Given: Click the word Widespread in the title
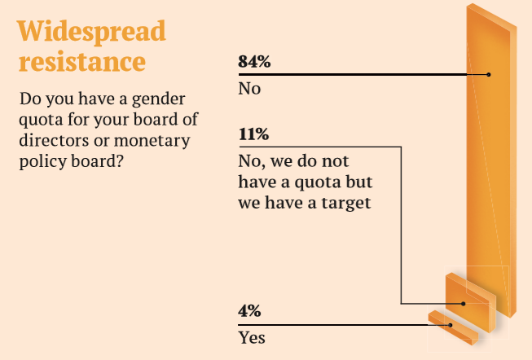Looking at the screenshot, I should click(x=91, y=31).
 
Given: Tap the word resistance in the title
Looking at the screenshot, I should click(x=81, y=61).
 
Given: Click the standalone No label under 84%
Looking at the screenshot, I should click(x=248, y=88).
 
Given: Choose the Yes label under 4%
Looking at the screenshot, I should click(x=252, y=336).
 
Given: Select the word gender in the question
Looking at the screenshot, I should click(x=160, y=100).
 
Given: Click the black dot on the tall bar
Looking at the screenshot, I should click(x=489, y=74).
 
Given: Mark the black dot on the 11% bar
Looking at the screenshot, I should click(x=464, y=304).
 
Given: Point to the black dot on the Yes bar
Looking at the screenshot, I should click(x=451, y=325).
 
